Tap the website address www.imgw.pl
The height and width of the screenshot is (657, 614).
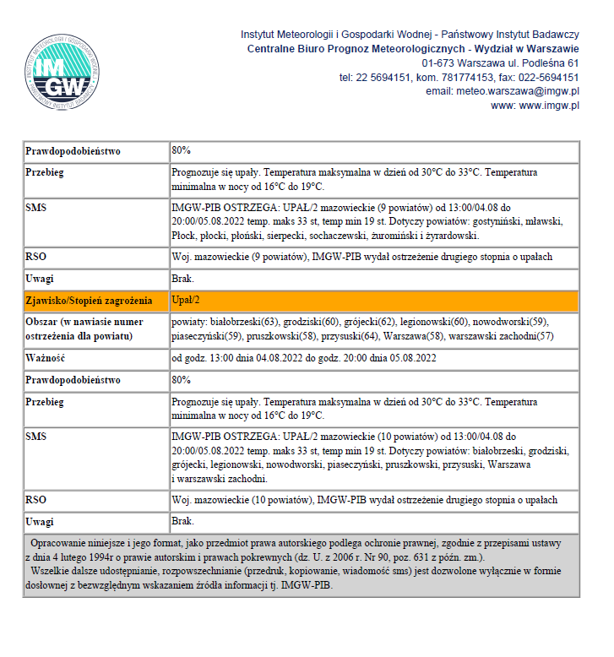click(x=548, y=106)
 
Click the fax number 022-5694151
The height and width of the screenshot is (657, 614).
click(x=544, y=77)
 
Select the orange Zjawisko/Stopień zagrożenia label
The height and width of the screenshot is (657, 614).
click(x=89, y=301)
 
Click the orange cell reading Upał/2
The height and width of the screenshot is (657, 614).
click(x=186, y=301)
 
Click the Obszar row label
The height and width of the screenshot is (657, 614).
click(x=84, y=328)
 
